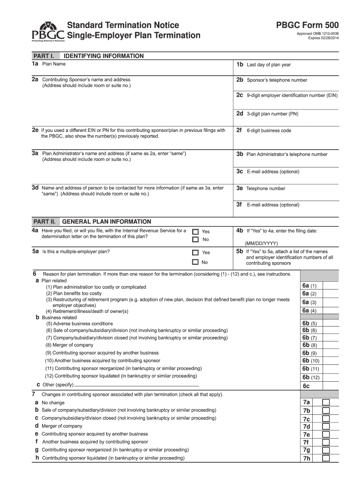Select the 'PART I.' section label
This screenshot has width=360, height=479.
click(x=43, y=56)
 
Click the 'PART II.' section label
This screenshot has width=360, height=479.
click(x=44, y=221)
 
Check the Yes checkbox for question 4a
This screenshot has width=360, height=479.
click(x=195, y=232)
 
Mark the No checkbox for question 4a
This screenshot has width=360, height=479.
click(x=195, y=239)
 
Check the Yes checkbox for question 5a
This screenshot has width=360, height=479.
click(x=195, y=253)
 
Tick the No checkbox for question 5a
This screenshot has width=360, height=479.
click(x=195, y=262)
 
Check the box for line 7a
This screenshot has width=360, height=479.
click(x=326, y=402)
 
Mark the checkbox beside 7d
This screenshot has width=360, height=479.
click(x=326, y=426)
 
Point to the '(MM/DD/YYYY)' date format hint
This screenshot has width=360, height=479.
click(x=261, y=243)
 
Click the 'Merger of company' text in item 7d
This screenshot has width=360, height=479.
click(x=62, y=426)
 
